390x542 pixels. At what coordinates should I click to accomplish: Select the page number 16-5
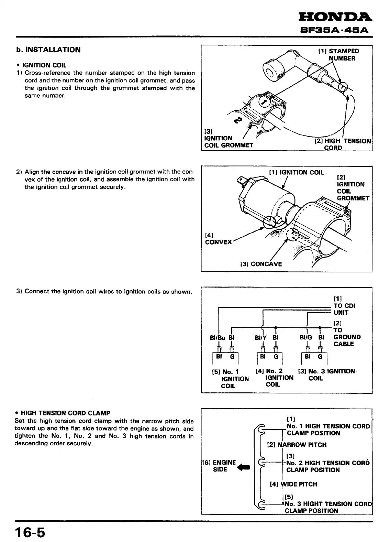coord(30,533)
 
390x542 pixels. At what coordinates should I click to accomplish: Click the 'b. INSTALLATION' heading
coord(48,50)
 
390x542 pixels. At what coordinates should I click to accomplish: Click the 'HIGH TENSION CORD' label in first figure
coord(343,144)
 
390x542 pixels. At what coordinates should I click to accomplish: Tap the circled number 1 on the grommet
coord(264,102)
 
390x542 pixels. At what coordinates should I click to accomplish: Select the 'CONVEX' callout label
coord(219,242)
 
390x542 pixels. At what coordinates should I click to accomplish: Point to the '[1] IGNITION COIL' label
coord(297,172)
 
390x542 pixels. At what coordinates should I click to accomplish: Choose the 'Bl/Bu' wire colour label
coord(217,338)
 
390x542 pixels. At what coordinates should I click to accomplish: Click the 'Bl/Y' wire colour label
coord(261,338)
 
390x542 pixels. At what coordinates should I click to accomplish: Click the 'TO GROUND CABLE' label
coord(347,337)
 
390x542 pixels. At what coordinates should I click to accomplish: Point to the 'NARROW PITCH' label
coord(297,445)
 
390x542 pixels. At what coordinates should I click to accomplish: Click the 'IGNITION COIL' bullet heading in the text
coord(44,65)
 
